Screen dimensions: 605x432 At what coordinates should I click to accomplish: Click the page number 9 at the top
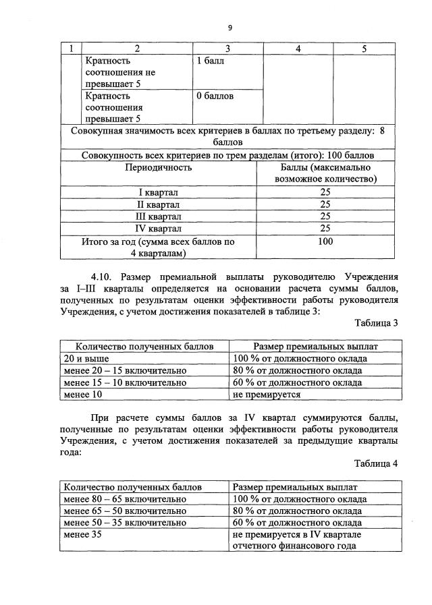230,28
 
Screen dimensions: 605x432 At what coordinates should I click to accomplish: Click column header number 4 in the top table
298,49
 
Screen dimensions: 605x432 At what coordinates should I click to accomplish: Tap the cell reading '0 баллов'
215,96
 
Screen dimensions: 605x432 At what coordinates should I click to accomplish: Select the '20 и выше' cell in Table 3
86,358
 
